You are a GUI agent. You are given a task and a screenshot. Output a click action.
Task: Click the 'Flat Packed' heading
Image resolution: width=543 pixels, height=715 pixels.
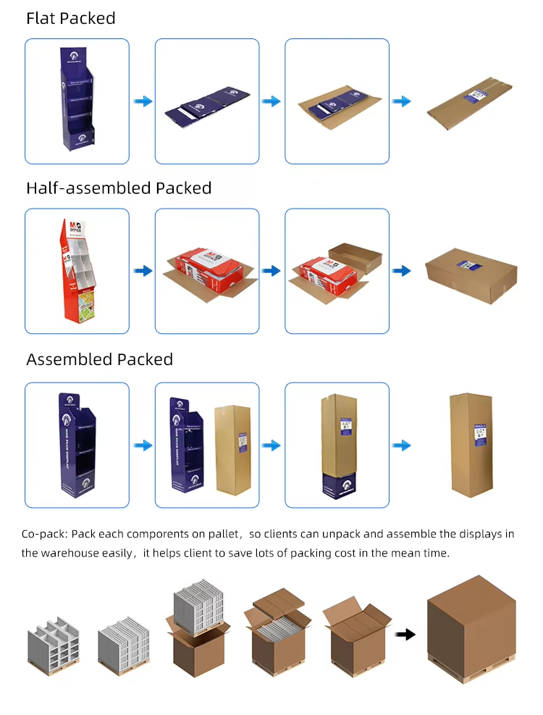point(71,19)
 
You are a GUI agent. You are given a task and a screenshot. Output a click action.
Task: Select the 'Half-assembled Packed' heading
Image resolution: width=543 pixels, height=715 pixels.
point(119,188)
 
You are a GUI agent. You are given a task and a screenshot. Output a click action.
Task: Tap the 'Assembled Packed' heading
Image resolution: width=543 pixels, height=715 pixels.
point(100,359)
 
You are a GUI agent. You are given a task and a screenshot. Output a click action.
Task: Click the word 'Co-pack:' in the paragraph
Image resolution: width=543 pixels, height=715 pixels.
point(44,535)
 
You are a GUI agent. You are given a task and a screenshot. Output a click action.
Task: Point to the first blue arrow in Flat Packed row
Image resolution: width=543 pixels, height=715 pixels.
point(143,101)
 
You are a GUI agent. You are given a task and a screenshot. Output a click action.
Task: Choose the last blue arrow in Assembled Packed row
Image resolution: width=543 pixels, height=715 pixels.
point(402,445)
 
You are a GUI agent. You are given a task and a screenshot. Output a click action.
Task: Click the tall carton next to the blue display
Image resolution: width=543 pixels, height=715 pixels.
point(232,449)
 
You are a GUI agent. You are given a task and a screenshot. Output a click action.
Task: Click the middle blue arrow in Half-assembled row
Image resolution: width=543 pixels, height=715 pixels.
point(271,271)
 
